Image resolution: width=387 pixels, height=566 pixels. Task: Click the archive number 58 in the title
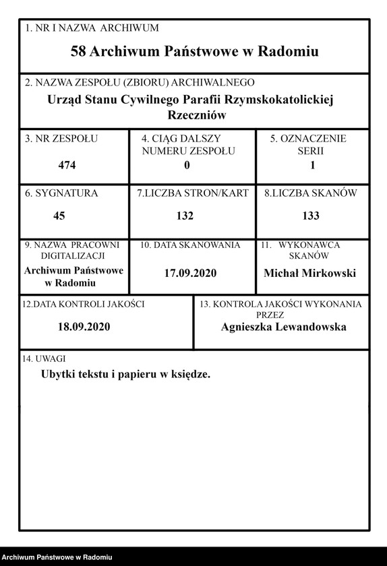click(78, 52)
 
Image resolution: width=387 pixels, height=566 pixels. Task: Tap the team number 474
click(67, 164)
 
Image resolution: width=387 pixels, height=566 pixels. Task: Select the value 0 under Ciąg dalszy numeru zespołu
click(187, 164)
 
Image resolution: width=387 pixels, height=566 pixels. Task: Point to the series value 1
click(312, 164)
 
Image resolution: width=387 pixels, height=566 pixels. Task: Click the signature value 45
click(59, 216)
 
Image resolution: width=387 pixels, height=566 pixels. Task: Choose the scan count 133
click(311, 216)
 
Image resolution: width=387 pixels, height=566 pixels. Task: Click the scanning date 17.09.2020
click(191, 274)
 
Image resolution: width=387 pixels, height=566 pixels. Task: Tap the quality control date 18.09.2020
click(84, 327)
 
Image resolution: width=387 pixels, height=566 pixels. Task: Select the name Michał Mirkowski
click(309, 273)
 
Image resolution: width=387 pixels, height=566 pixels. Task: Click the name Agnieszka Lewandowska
click(283, 327)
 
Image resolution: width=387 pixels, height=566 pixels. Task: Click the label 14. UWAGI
click(44, 358)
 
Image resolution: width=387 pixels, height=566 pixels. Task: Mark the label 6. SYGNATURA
click(61, 193)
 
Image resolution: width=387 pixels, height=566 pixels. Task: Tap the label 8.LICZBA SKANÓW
click(310, 193)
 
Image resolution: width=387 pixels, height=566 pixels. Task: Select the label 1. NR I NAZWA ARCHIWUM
click(92, 28)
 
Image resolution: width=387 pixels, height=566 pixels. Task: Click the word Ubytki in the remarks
click(58, 374)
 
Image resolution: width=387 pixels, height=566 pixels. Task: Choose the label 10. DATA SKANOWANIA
click(190, 245)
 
